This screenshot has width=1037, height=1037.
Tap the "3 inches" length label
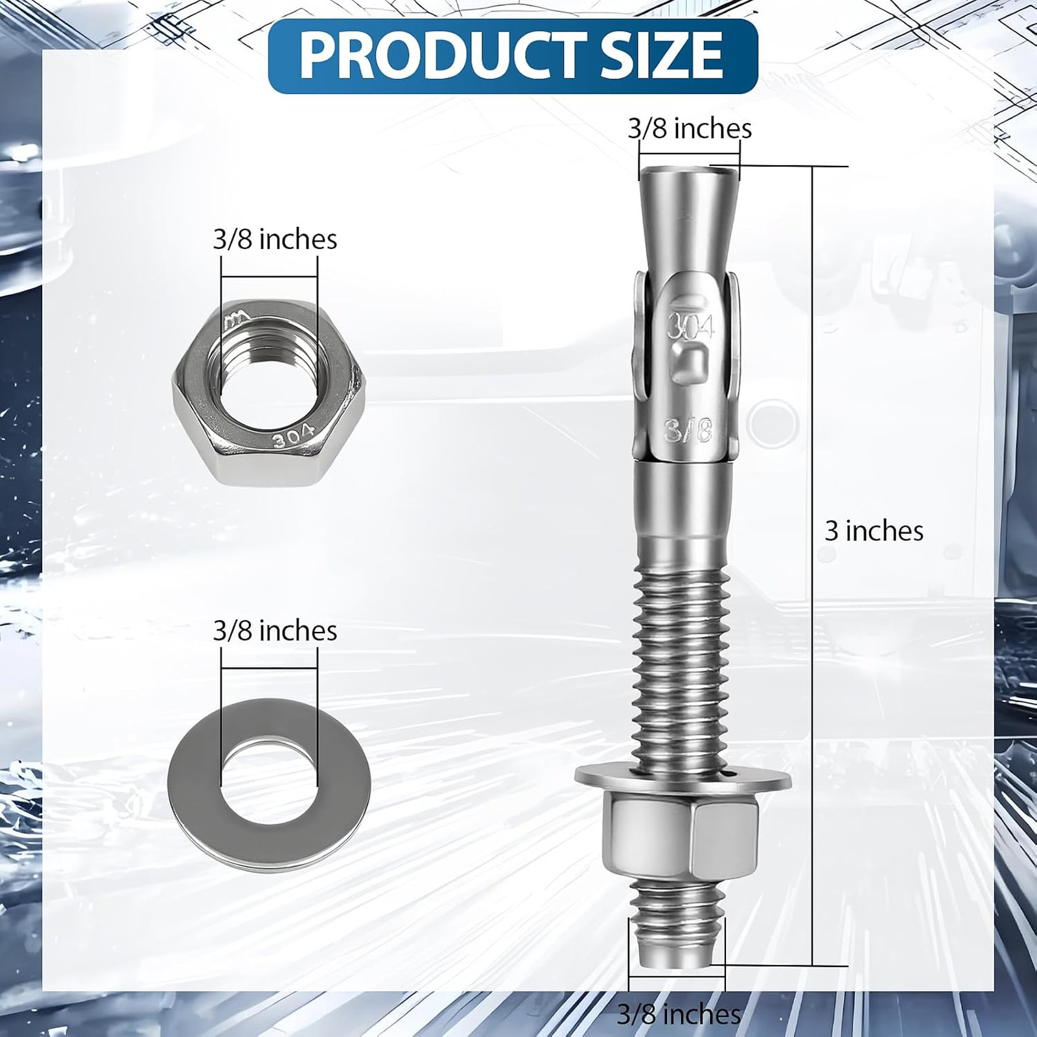pyautogui.click(x=874, y=531)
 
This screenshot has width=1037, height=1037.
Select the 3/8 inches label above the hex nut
pyautogui.click(x=275, y=240)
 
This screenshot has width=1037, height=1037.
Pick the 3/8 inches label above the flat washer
pyautogui.click(x=275, y=631)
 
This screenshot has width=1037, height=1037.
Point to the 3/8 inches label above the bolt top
pyautogui.click(x=690, y=128)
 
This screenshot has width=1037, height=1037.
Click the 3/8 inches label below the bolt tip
pyautogui.click(x=679, y=1014)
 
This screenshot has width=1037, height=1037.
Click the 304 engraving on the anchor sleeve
pyautogui.click(x=690, y=327)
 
